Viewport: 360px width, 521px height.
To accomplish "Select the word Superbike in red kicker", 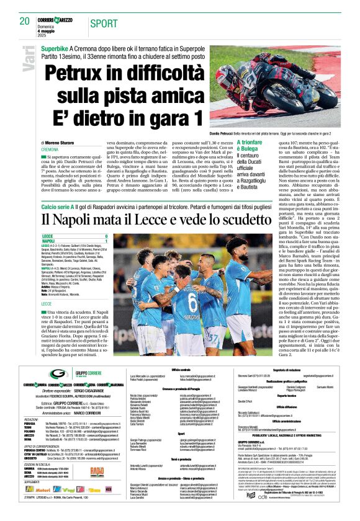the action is point(55,48).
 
